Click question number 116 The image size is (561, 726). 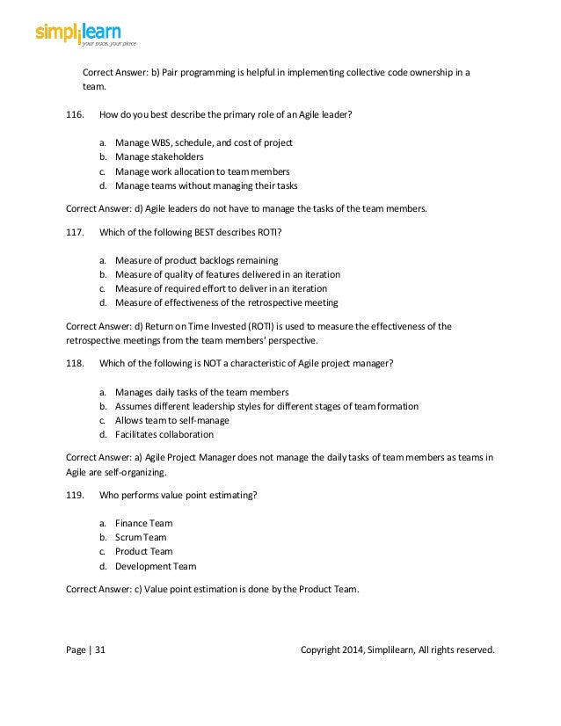(x=76, y=114)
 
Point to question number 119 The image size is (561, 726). (x=76, y=495)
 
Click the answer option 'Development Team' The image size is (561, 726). (x=155, y=566)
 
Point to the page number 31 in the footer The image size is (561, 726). (x=99, y=650)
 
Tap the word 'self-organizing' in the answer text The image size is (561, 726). (x=148, y=471)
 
